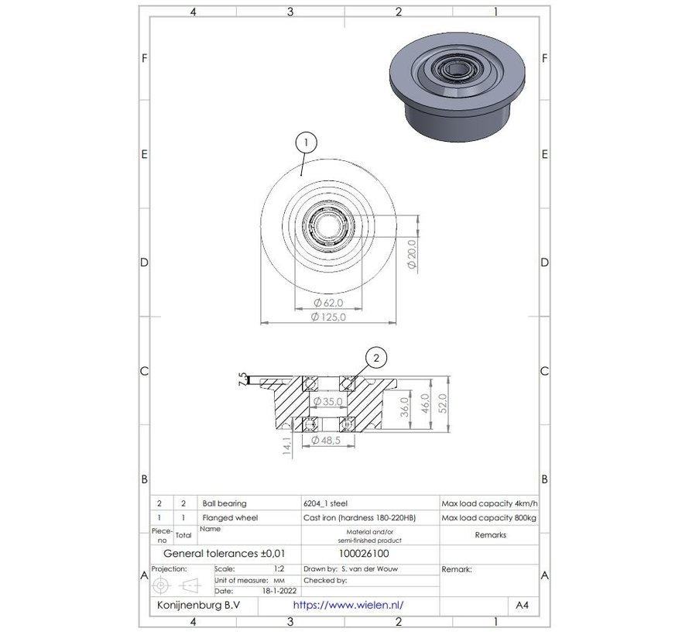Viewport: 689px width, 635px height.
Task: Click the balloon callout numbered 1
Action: pos(307,142)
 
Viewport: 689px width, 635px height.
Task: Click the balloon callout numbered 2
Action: pos(375,358)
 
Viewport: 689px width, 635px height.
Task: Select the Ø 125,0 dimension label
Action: pos(327,317)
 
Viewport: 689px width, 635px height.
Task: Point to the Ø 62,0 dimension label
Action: pos(327,302)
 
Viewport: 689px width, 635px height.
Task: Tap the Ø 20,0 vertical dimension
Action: pos(412,253)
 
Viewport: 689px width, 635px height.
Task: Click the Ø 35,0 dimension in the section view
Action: pos(328,402)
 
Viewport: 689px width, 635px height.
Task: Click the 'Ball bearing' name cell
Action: pos(224,503)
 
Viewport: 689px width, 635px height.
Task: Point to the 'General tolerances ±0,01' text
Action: pos(218,554)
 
